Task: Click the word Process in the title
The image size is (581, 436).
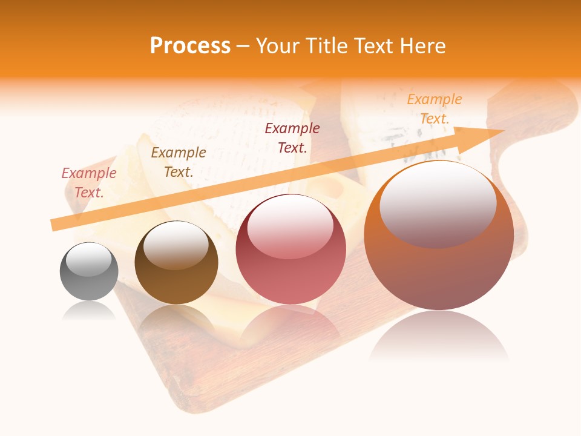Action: coord(190,46)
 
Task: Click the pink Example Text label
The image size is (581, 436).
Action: coord(89,183)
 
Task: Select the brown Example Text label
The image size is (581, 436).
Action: coord(178,162)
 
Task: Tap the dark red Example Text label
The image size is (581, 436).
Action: coord(292,137)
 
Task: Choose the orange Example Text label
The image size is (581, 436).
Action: coord(435,109)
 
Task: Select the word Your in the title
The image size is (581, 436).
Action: coord(274,46)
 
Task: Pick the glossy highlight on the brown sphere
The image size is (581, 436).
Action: coord(176,245)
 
